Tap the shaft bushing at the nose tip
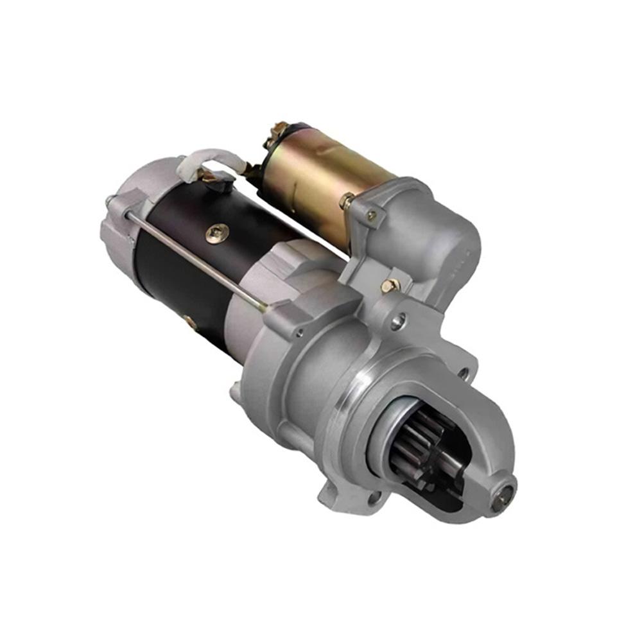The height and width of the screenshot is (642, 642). click(x=504, y=494)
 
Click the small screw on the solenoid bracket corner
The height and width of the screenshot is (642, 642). click(x=371, y=216)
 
